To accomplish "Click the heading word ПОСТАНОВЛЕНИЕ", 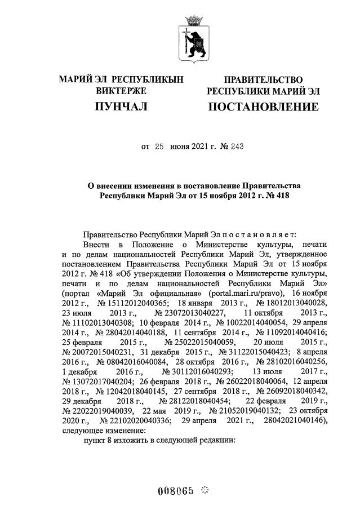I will pos(263,107).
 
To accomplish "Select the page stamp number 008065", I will pos(177,490).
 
